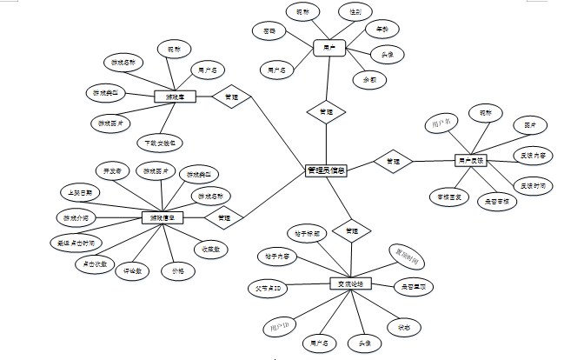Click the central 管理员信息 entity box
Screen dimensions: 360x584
click(x=328, y=170)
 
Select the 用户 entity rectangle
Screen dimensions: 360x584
click(x=328, y=46)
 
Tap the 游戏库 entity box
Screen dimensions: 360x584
click(x=174, y=97)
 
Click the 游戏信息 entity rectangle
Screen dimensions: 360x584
click(x=163, y=217)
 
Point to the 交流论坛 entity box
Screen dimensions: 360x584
click(x=350, y=284)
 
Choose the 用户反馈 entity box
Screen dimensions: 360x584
click(x=470, y=160)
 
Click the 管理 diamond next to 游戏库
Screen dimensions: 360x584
click(x=231, y=97)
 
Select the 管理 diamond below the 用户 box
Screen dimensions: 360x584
click(x=326, y=112)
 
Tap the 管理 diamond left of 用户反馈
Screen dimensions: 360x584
click(x=393, y=161)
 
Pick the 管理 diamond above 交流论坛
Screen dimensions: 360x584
click(x=351, y=231)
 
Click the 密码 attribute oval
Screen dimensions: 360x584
click(x=270, y=30)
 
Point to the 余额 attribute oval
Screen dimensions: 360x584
click(x=369, y=78)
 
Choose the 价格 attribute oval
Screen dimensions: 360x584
click(x=178, y=271)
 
